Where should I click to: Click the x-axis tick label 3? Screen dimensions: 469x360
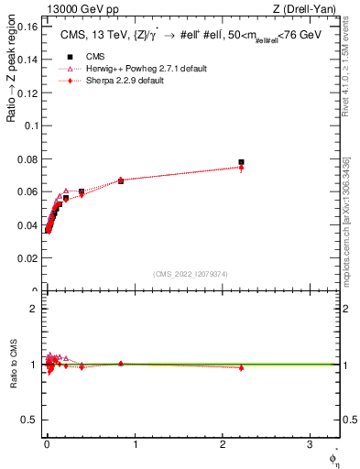point(311,444)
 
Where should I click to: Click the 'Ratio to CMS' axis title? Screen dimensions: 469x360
point(13,364)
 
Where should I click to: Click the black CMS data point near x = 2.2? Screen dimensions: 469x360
point(241,162)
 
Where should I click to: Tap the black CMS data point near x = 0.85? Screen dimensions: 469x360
point(121,180)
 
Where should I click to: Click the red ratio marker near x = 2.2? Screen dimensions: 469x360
point(241,367)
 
